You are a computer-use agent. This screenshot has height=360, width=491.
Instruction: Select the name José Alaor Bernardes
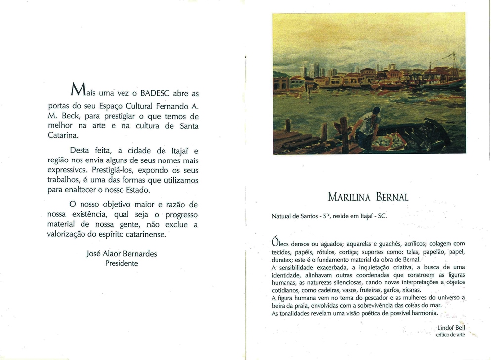coord(122,254)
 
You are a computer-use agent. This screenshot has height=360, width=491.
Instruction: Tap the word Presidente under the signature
coord(122,263)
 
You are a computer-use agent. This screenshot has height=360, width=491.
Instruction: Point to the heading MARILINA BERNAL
coord(368,198)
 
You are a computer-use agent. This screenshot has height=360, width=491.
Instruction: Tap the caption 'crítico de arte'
coord(450,335)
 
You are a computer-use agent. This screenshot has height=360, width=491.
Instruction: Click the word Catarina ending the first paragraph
coord(62,135)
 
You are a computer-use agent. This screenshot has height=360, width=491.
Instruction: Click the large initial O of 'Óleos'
coord(276,242)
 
